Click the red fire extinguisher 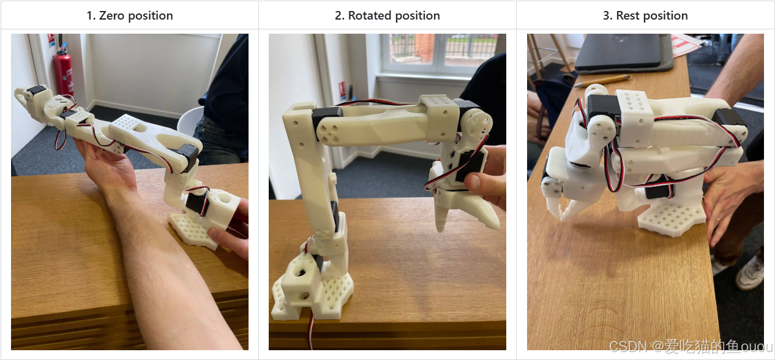(x=64, y=71)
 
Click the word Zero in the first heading (x=111, y=15)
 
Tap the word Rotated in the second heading (x=370, y=15)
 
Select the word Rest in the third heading (x=627, y=15)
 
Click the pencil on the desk (x=602, y=81)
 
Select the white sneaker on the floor (x=751, y=274)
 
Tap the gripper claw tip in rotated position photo (x=440, y=228)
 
